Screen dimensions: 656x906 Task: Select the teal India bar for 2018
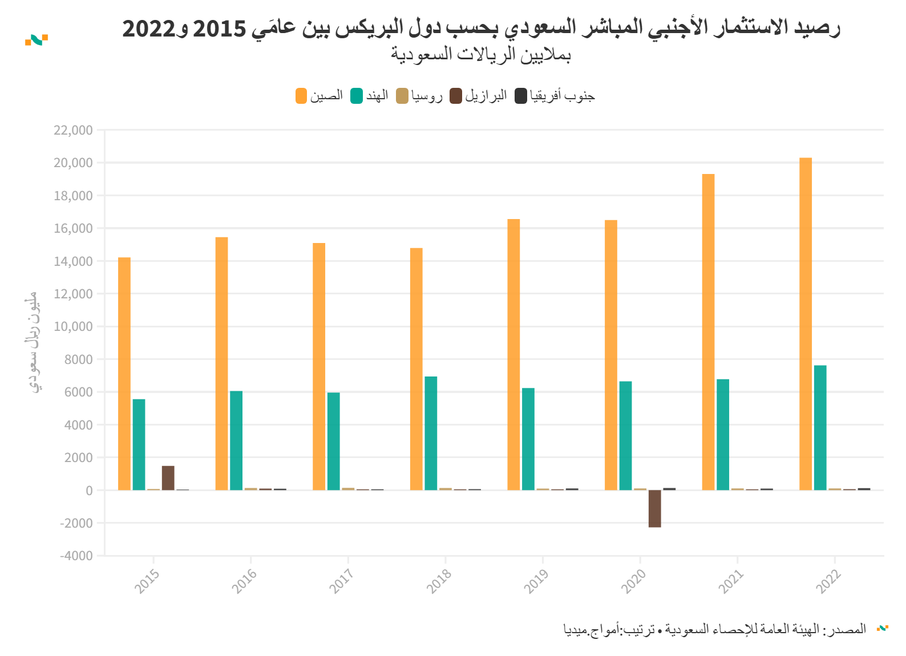pyautogui.click(x=431, y=433)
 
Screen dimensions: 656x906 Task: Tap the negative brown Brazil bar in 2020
pyautogui.click(x=654, y=508)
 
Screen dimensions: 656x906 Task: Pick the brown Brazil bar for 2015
pyautogui.click(x=168, y=478)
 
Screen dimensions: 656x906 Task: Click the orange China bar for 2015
pyautogui.click(x=124, y=374)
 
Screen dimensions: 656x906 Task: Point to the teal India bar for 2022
pyautogui.click(x=820, y=427)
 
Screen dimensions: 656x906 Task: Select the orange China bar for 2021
pyautogui.click(x=708, y=331)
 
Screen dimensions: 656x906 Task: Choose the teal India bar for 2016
pyautogui.click(x=236, y=440)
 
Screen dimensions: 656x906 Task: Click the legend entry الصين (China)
pyautogui.click(x=319, y=96)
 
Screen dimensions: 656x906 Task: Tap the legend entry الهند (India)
pyautogui.click(x=370, y=96)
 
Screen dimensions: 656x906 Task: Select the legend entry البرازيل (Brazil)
pyautogui.click(x=478, y=96)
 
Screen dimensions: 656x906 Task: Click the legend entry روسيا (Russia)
pyautogui.click(x=419, y=96)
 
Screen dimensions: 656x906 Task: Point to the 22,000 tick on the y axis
pyautogui.click(x=73, y=130)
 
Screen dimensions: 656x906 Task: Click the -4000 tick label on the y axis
pyautogui.click(x=76, y=556)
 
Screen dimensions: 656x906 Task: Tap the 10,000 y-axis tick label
pyautogui.click(x=73, y=327)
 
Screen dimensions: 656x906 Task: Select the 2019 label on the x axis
pyautogui.click(x=536, y=581)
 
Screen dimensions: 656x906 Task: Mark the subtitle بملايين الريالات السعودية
pyautogui.click(x=480, y=54)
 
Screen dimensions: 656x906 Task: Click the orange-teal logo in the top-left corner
pyautogui.click(x=37, y=40)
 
